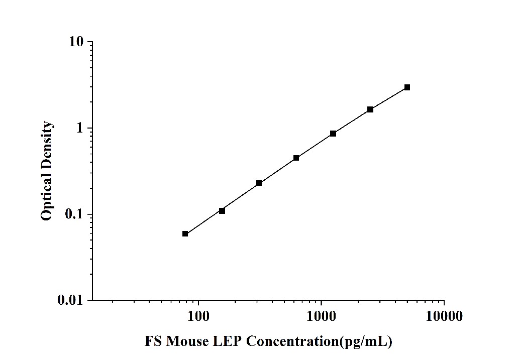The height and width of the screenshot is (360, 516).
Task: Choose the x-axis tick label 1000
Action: (x=321, y=316)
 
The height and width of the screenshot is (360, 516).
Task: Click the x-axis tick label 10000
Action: (x=444, y=316)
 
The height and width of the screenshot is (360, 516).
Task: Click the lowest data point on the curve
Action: (x=185, y=233)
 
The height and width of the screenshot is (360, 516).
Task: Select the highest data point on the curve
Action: (x=407, y=87)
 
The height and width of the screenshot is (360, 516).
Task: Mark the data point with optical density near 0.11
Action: (x=222, y=211)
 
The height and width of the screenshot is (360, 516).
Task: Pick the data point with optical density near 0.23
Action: (x=259, y=183)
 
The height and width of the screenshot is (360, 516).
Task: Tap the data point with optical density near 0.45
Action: (x=296, y=158)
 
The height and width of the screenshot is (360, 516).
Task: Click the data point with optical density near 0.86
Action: (x=333, y=134)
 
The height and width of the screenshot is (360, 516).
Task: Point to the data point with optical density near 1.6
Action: (x=370, y=109)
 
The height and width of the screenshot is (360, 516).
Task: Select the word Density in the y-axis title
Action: (x=47, y=146)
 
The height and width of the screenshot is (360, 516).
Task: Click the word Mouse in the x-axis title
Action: (x=187, y=342)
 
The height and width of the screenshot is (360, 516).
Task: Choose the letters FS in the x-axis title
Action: (x=153, y=342)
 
